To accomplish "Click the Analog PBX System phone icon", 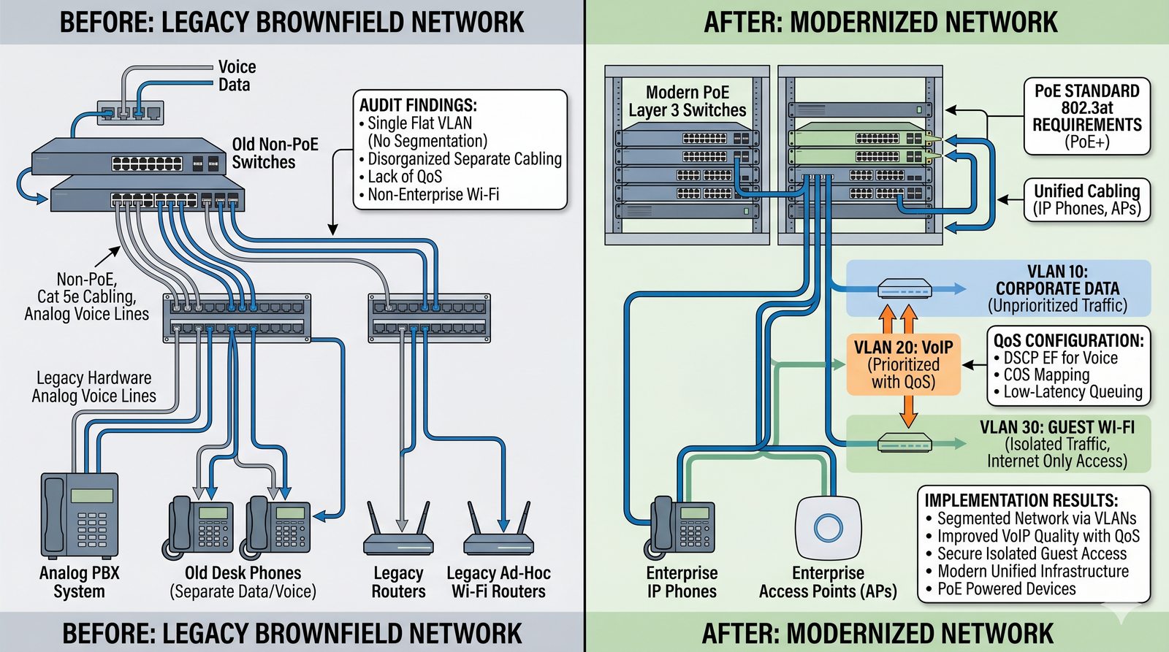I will (x=79, y=515).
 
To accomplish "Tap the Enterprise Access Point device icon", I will (x=828, y=528).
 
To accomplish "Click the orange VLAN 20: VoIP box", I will (x=903, y=364).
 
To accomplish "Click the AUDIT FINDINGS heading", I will (x=418, y=105).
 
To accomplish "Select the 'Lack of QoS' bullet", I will (x=405, y=177).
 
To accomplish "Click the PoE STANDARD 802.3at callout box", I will (x=1086, y=116).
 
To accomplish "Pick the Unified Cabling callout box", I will (x=1086, y=199).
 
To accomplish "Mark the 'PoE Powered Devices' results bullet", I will (x=1006, y=589).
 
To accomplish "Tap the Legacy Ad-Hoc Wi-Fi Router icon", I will (x=498, y=532).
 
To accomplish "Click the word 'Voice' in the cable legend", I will (x=237, y=67).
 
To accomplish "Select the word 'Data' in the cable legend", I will (x=234, y=85).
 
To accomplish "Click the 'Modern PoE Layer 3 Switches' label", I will (x=687, y=101).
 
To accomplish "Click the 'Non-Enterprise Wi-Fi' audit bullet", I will (x=433, y=195).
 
